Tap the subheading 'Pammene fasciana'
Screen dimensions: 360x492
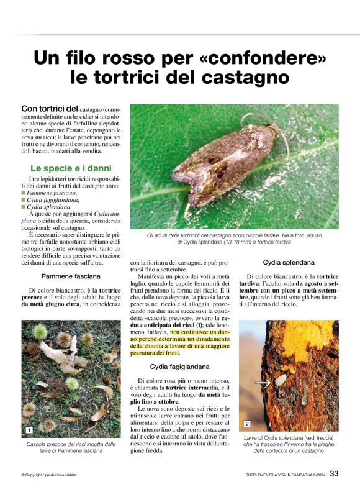(x=71, y=275)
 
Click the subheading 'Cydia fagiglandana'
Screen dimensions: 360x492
(x=180, y=367)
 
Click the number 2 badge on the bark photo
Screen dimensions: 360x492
(x=246, y=424)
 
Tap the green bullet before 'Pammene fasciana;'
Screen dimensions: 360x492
(x=24, y=194)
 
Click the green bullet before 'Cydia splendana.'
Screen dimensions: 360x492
(x=24, y=207)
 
